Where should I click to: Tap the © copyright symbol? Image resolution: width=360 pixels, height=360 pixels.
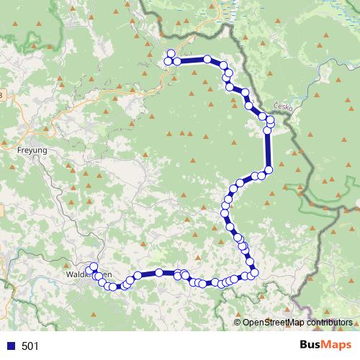[238, 323]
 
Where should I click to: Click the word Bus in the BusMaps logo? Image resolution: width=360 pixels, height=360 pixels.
[310, 346]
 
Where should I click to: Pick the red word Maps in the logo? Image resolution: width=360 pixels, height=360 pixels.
[336, 346]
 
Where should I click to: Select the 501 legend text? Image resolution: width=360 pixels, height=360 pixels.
[30, 346]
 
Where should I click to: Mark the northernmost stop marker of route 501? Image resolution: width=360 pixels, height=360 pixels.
[171, 53]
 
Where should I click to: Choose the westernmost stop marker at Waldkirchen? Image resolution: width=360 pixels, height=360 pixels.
[89, 271]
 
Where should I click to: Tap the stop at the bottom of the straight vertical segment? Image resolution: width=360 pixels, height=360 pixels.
[269, 170]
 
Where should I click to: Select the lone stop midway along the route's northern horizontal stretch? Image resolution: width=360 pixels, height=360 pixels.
[207, 59]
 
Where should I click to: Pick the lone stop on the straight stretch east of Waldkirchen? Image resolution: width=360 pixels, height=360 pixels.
[158, 273]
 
